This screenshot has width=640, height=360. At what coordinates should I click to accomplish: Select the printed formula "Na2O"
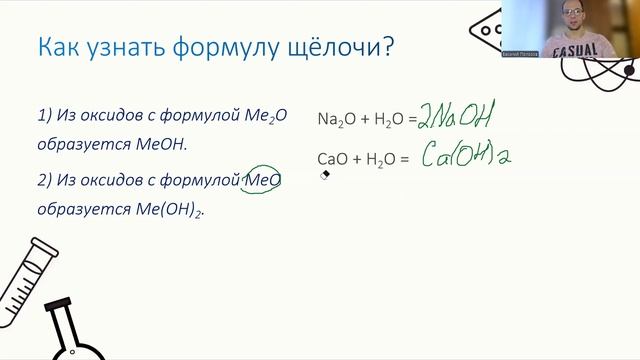coord(332,119)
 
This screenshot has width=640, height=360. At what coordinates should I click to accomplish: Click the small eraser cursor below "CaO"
coord(324,174)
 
